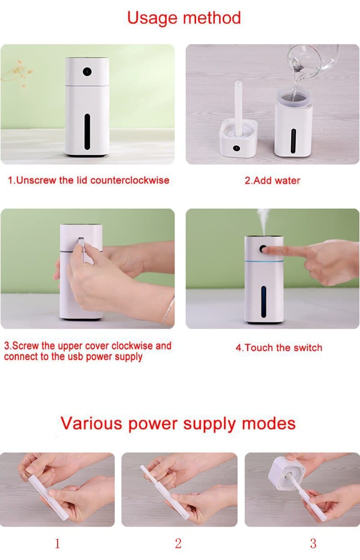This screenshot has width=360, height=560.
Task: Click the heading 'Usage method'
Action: click(184, 18)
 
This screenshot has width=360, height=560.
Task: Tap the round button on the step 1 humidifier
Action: click(87, 72)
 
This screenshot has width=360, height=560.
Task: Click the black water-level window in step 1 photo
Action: click(87, 132)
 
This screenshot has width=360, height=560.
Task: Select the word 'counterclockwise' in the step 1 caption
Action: click(130, 180)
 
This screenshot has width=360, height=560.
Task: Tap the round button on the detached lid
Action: click(236, 148)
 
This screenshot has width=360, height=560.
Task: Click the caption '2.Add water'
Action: click(272, 180)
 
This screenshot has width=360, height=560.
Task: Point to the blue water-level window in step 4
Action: click(263, 302)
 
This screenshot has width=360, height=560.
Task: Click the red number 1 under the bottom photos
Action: click(57, 543)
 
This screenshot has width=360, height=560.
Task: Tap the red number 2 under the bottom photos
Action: click(178, 543)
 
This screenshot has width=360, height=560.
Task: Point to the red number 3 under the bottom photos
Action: click(313, 543)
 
